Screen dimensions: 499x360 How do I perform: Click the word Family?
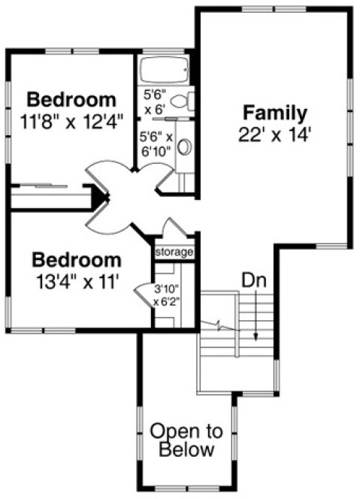tap(274, 114)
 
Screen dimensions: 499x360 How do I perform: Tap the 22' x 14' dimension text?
tap(274, 137)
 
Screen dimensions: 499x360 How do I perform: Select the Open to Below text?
tap(186, 441)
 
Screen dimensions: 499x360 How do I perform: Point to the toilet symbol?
tap(188, 98)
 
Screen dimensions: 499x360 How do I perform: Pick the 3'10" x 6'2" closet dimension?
tap(165, 295)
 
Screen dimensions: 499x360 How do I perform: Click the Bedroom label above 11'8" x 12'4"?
tap(72, 99)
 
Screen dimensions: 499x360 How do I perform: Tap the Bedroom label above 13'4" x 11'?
tap(77, 261)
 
